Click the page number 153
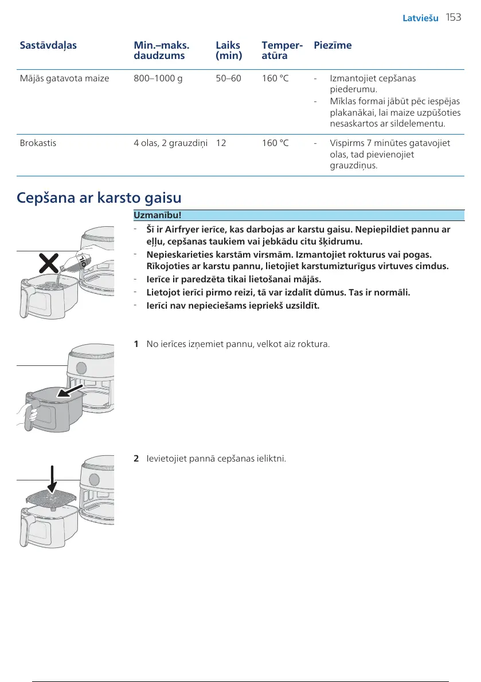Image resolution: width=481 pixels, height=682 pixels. click(x=453, y=18)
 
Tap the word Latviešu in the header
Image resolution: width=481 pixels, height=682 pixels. click(x=420, y=18)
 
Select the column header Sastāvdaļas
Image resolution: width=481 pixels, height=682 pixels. click(x=48, y=45)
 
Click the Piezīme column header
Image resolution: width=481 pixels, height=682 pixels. click(x=333, y=45)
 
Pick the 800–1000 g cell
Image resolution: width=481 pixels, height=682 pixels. click(x=158, y=78)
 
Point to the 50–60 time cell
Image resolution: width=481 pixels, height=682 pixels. click(x=228, y=78)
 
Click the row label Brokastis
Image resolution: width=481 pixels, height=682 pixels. click(x=38, y=143)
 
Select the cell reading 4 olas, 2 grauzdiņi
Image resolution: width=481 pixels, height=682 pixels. click(x=171, y=143)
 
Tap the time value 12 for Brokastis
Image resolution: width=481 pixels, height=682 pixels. click(x=221, y=143)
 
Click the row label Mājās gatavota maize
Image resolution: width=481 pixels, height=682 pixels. click(x=64, y=78)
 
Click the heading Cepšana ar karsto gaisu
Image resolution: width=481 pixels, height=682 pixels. click(x=99, y=198)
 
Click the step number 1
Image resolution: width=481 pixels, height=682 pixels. click(x=136, y=344)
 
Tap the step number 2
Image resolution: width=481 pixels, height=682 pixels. click(x=136, y=459)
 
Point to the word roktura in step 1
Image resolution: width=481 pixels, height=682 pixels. click(x=315, y=344)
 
